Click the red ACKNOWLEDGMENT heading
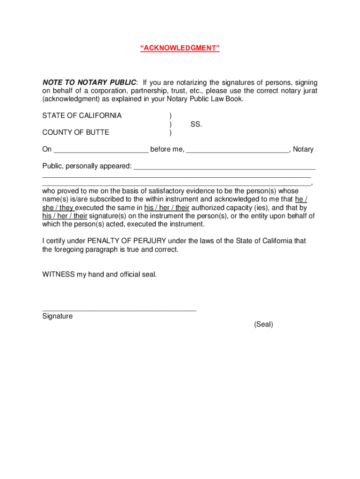180,48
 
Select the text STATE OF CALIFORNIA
82,116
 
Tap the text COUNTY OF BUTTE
76,132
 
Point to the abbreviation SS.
196,124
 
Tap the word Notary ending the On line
303,150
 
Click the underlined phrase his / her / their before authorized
166,208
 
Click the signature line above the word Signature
119,309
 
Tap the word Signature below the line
58,316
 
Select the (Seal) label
264,324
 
